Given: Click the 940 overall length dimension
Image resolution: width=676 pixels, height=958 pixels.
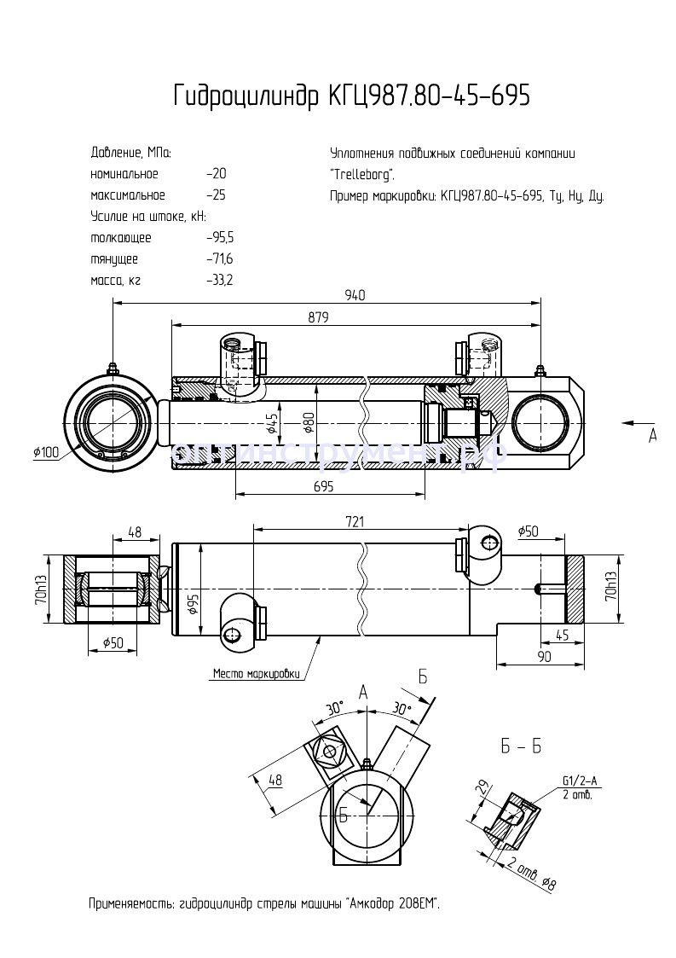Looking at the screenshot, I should click(355, 295).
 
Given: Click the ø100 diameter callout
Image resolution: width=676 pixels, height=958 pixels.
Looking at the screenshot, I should click(46, 452).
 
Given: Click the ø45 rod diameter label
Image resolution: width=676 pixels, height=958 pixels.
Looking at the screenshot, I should click(272, 423).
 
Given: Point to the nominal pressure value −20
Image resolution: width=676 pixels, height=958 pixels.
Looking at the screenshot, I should click(216, 174).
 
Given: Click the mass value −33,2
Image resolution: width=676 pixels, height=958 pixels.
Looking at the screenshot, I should click(220, 280).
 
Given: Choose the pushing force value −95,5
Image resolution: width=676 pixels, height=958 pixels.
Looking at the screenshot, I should click(220, 238).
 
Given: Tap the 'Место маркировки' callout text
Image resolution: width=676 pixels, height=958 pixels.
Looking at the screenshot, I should click(257, 674).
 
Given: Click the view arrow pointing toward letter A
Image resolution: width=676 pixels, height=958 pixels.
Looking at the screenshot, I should click(631, 421).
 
